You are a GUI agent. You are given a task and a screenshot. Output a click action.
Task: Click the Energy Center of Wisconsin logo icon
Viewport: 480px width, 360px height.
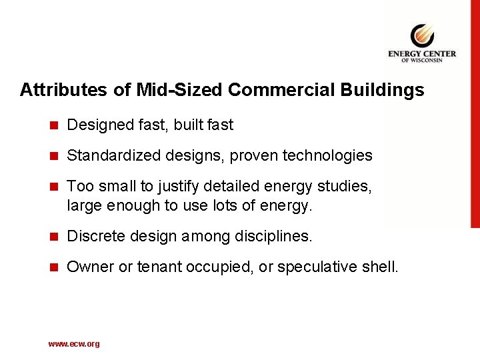421,35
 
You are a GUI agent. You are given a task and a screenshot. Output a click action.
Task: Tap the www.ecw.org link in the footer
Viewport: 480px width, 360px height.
74,344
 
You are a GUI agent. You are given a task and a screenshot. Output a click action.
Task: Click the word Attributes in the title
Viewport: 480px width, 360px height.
55,90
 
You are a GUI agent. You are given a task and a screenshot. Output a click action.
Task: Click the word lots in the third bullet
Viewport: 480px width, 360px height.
233,206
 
